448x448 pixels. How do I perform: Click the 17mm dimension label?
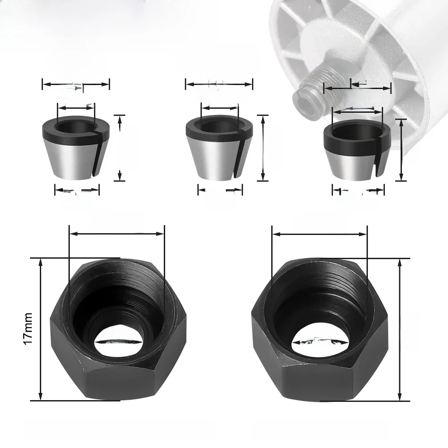point(28,329)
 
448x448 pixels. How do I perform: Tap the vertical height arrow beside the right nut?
point(400,329)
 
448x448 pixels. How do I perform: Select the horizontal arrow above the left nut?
point(117,233)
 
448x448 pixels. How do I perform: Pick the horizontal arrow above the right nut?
point(320,233)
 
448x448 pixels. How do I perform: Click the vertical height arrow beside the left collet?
point(119,148)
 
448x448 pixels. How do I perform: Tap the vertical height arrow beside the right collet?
point(402,150)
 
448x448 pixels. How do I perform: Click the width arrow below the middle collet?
point(220,191)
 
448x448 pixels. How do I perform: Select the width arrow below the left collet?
point(77,191)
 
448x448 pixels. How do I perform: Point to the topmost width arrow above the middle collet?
point(219,84)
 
